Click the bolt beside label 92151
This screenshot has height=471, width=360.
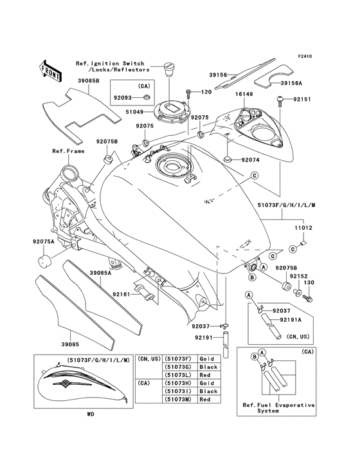point(280,100)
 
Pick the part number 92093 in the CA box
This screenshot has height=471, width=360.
point(123,98)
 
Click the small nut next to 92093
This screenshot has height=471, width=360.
point(147,98)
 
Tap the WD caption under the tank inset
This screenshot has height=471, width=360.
point(91,414)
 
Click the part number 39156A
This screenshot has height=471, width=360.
point(296,82)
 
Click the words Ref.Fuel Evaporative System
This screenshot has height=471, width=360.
point(278,409)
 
